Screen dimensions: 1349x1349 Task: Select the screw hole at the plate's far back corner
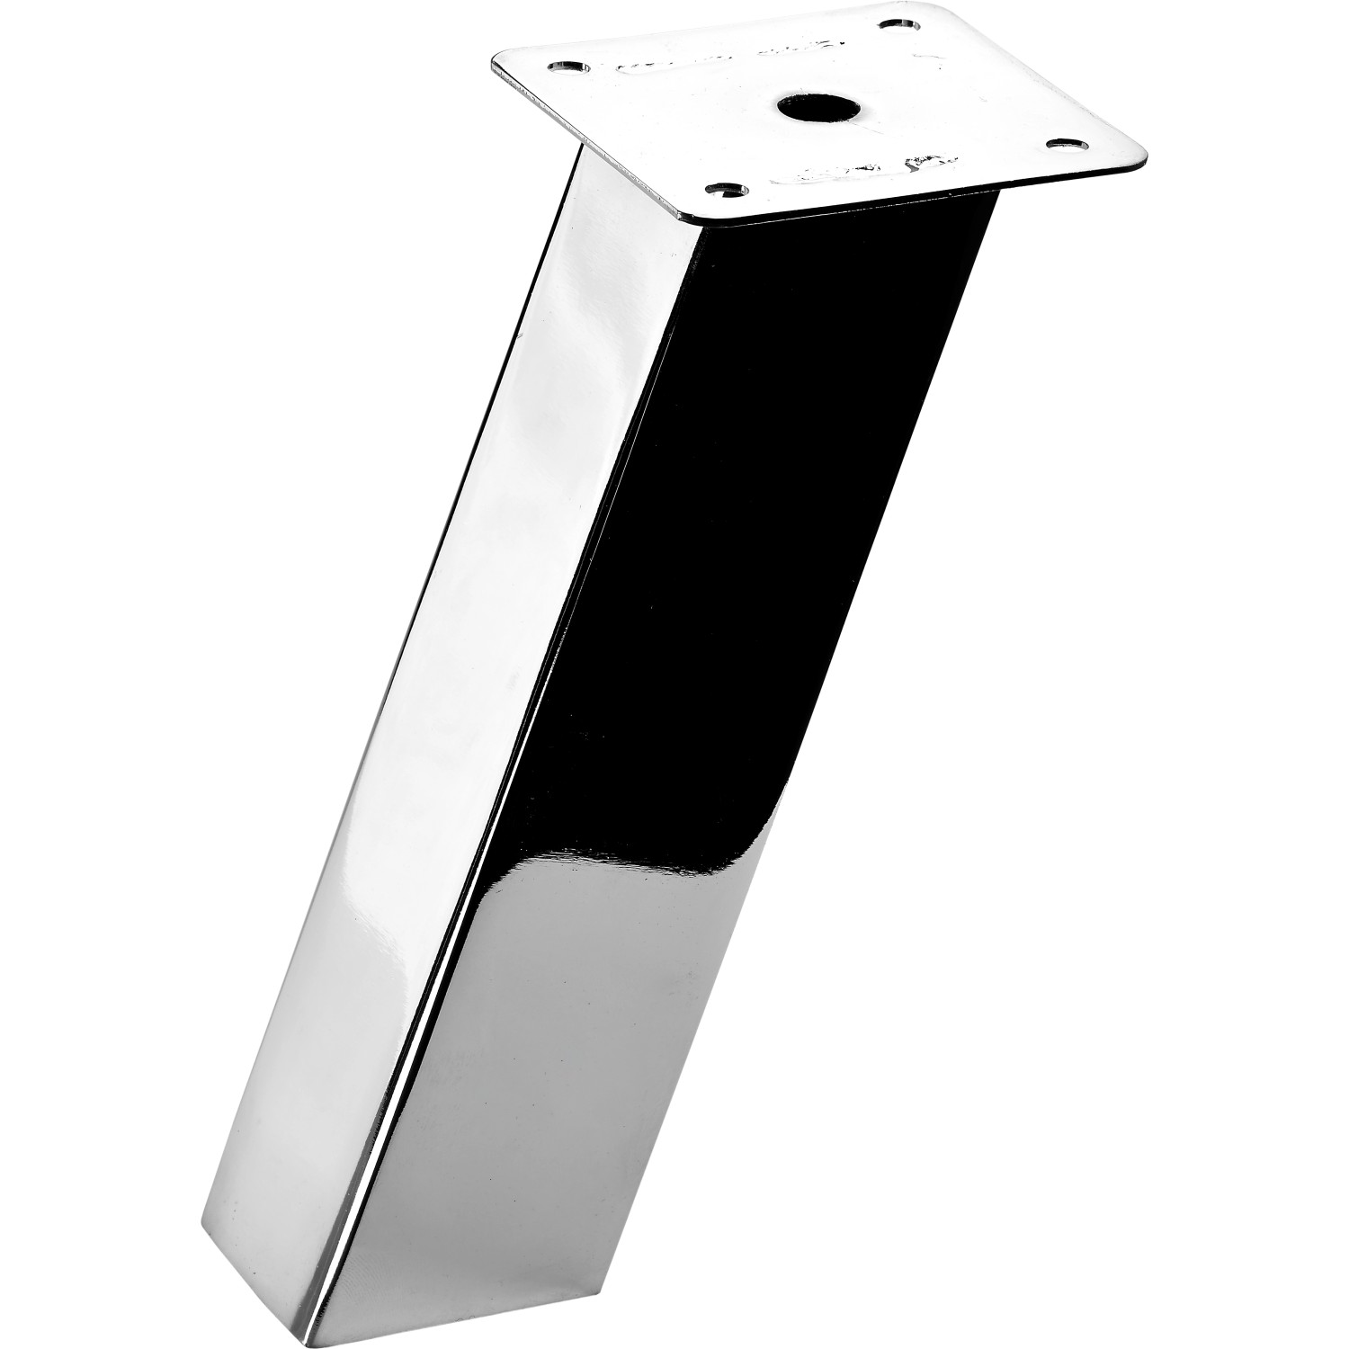(x=897, y=26)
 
